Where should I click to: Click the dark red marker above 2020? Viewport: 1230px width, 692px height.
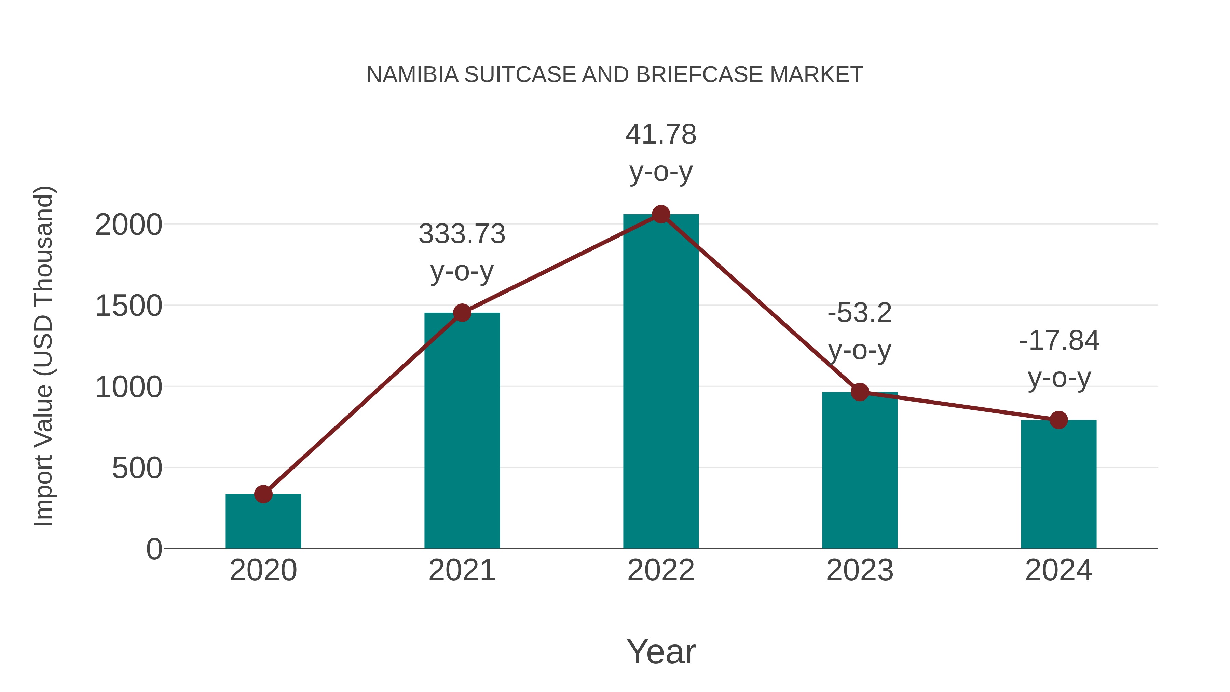(x=263, y=494)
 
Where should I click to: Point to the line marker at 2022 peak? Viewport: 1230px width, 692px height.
(x=661, y=214)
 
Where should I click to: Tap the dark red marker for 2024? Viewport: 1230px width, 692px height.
(x=1058, y=420)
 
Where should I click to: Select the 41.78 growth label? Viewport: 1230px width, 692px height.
(x=661, y=135)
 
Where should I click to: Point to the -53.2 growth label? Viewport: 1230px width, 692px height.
(x=860, y=313)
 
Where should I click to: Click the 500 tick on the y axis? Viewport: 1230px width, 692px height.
(x=137, y=468)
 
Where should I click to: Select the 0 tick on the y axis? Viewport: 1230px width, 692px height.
(x=154, y=549)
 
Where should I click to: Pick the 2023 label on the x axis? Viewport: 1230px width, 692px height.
(x=860, y=570)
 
